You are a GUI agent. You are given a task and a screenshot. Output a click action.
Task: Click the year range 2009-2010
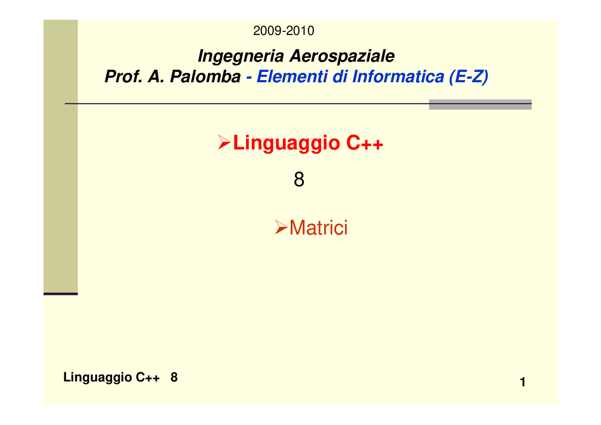coord(284,31)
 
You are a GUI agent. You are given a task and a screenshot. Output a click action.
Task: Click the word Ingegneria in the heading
coord(241,56)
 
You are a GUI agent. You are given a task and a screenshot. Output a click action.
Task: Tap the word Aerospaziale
coord(341,56)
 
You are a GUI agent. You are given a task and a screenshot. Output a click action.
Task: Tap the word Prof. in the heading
coord(123,77)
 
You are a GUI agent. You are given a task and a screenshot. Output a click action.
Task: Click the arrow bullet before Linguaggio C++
coord(224,142)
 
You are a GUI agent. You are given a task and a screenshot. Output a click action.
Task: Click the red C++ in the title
coord(365,144)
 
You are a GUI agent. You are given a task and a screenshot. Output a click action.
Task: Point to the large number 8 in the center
coord(299,180)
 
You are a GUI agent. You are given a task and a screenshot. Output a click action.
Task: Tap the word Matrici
coord(319,228)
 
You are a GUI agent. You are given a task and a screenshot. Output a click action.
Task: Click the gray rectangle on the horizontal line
coord(480,104)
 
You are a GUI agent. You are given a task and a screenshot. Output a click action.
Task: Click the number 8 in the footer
coord(174,377)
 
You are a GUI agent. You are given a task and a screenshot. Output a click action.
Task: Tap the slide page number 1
coord(523,383)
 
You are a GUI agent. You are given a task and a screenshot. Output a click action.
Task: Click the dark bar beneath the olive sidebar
coord(61,294)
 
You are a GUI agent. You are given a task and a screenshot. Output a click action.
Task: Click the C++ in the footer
coord(148,378)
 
